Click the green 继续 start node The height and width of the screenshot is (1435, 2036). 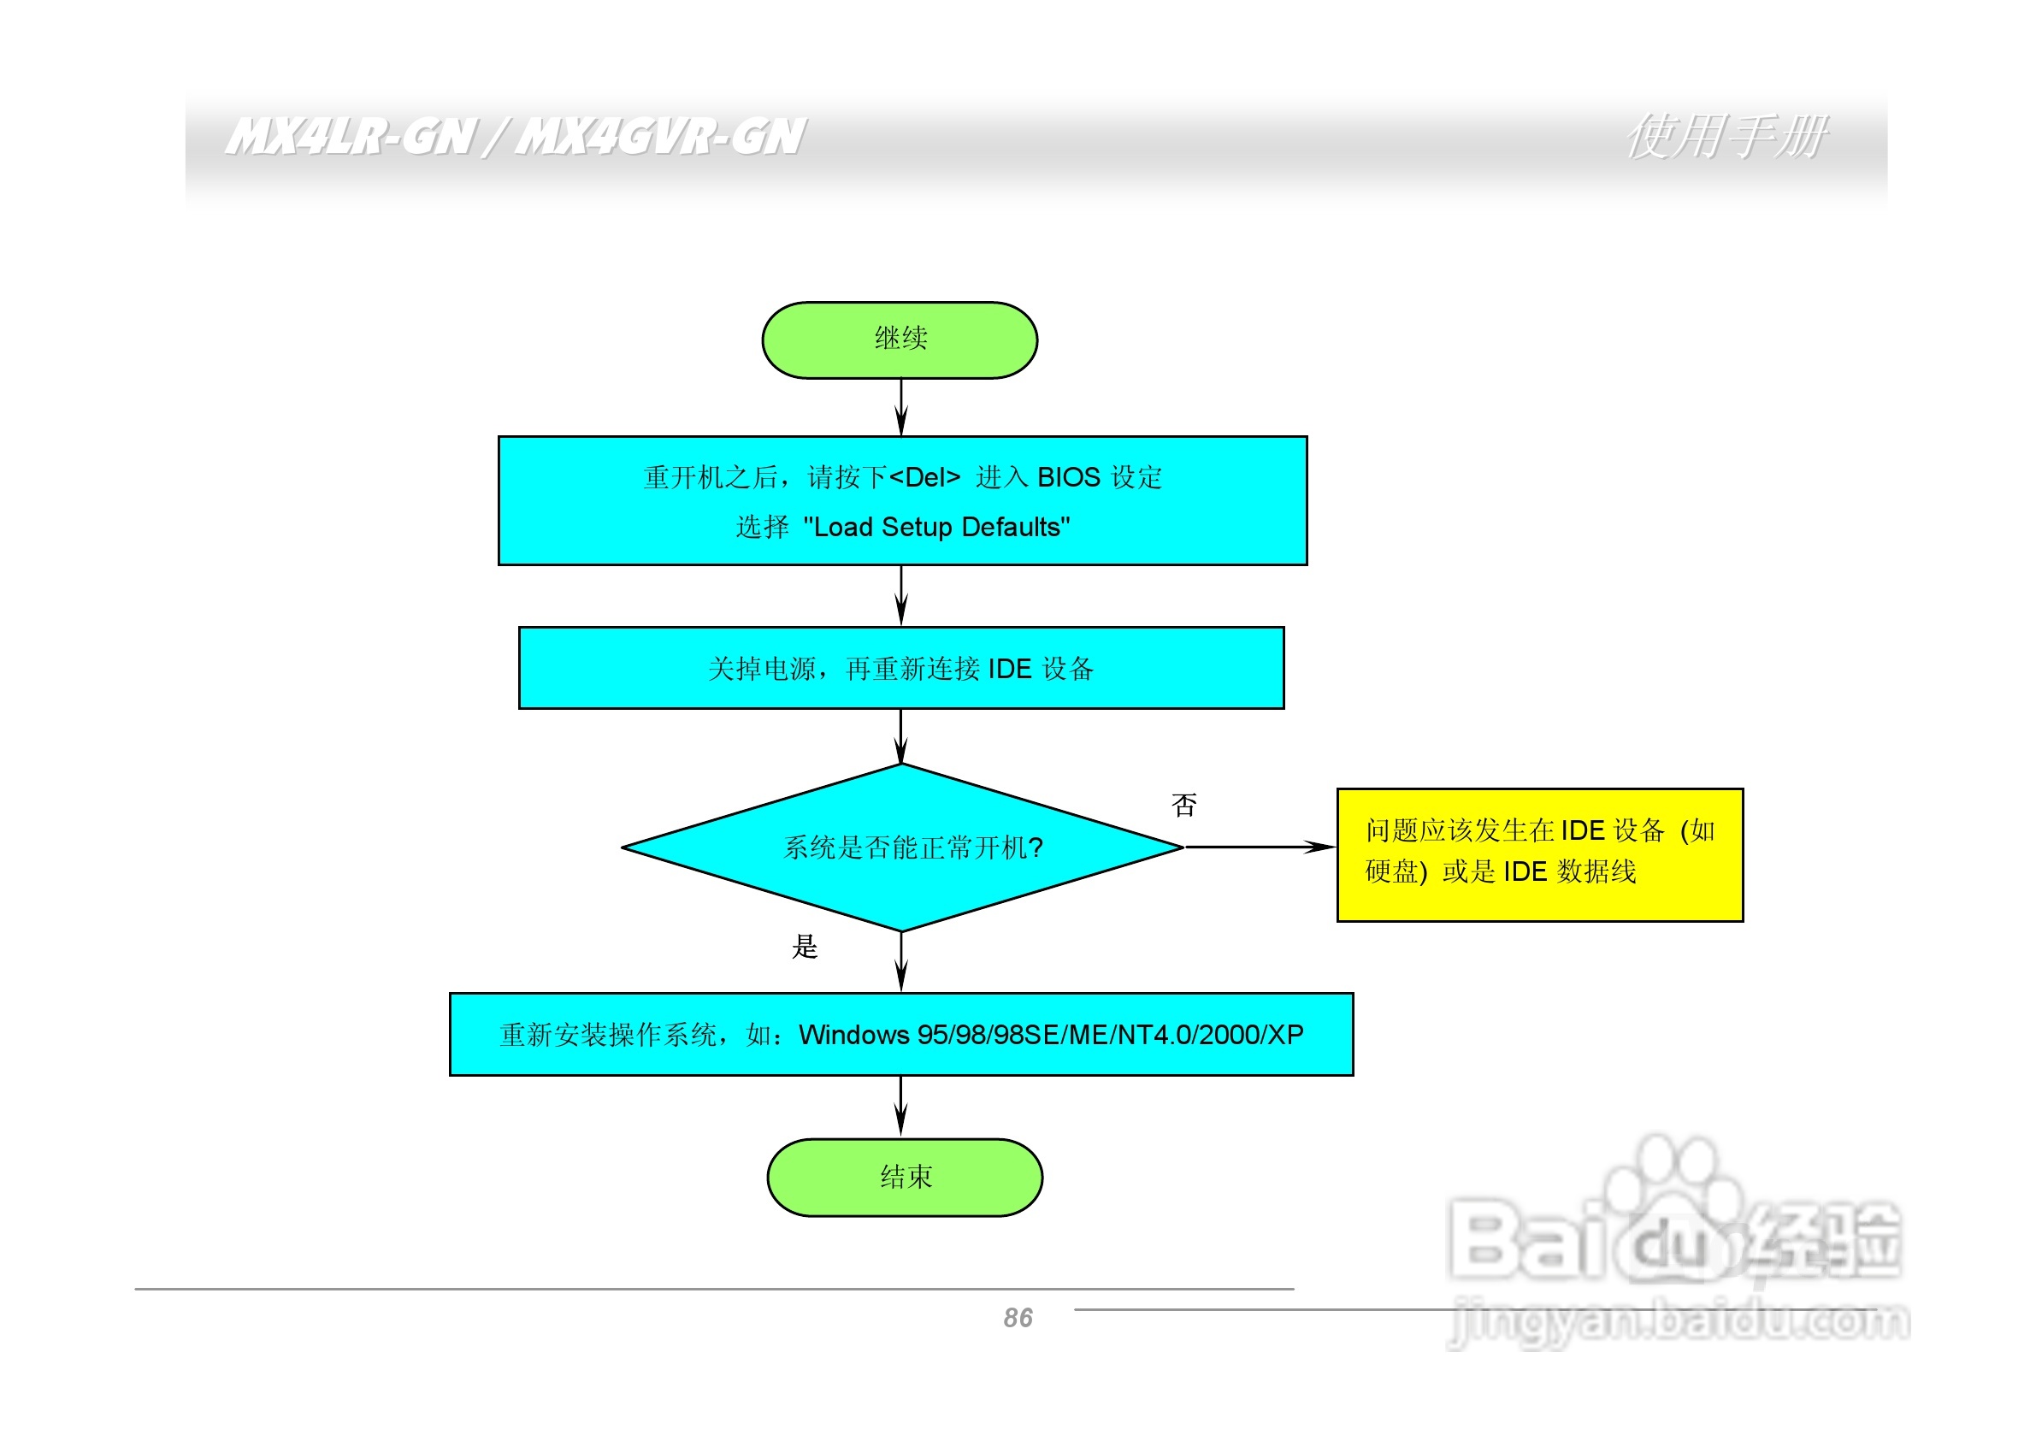click(900, 340)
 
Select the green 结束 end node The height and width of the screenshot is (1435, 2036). click(905, 1178)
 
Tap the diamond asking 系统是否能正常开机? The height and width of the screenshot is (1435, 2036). click(903, 847)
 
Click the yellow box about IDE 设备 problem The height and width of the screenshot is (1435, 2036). click(1539, 855)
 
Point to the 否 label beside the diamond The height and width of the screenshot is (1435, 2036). click(1183, 806)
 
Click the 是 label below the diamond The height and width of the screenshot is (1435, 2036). click(805, 948)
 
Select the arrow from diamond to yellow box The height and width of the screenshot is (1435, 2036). click(1260, 847)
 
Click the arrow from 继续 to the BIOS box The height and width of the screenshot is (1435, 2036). click(901, 407)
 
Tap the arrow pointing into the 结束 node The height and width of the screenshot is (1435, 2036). click(901, 1107)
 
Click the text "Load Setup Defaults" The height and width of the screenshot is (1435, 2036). click(936, 528)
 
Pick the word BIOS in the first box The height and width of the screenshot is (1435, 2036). click(1069, 478)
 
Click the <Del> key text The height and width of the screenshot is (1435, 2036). click(924, 478)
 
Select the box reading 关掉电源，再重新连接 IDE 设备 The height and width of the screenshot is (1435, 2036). click(901, 668)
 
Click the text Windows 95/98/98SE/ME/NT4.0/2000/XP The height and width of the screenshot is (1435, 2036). click(1051, 1035)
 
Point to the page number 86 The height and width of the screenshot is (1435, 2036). click(1018, 1318)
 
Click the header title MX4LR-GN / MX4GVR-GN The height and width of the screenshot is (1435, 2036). click(514, 138)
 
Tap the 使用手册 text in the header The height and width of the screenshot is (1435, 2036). click(1726, 138)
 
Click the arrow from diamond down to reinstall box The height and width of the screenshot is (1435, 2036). click(901, 962)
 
